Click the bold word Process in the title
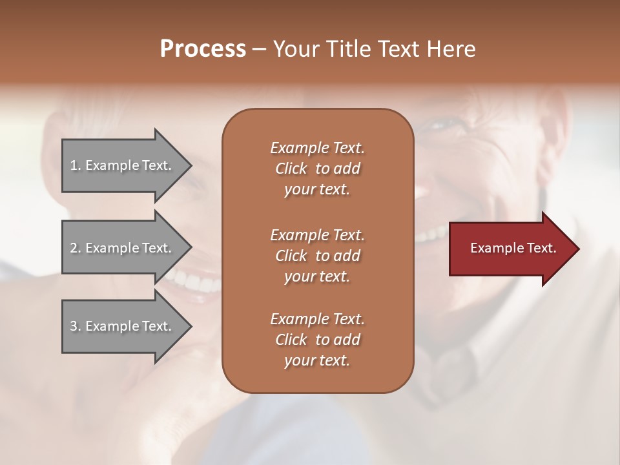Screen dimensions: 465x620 (202, 48)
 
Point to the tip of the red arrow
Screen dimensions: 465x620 (578, 249)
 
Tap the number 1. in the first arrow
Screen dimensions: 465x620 (76, 165)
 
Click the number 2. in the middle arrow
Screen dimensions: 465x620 (76, 248)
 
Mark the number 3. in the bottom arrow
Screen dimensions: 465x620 (76, 326)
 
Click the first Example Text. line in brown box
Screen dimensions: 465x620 (317, 148)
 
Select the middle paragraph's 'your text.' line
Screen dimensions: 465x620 (317, 276)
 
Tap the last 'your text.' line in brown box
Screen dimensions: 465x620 (317, 361)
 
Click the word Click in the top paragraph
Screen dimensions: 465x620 (291, 169)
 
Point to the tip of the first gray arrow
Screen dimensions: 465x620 (191, 165)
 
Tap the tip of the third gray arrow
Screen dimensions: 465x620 (191, 326)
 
